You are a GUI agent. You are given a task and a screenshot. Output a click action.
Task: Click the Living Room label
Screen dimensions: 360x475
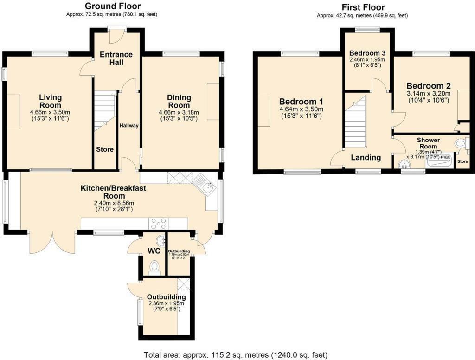[50, 101]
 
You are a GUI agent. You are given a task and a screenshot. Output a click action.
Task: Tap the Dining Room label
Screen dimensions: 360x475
[179, 101]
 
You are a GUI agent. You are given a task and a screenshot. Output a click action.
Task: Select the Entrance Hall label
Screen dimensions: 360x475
[116, 58]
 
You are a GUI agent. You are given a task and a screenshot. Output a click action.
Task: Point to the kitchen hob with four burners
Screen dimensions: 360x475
[158, 224]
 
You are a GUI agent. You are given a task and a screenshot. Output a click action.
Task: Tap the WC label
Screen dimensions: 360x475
[154, 251]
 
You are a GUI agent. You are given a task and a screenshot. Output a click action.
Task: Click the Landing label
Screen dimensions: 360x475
[366, 158]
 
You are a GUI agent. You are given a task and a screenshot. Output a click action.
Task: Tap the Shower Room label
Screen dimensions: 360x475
[428, 143]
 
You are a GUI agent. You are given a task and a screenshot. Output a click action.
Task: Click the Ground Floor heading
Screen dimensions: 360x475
[113, 6]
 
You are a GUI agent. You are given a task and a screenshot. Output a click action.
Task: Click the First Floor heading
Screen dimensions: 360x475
[363, 7]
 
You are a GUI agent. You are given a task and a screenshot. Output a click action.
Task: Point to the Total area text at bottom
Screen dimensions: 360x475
[236, 355]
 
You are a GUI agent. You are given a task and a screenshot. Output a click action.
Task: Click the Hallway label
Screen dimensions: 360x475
[128, 126]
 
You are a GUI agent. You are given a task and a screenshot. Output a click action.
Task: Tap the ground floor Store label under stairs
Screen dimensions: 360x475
[105, 149]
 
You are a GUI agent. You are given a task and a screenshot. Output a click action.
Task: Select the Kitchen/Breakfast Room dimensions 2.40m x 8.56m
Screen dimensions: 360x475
[113, 203]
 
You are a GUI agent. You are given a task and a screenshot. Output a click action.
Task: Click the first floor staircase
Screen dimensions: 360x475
[356, 122]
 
